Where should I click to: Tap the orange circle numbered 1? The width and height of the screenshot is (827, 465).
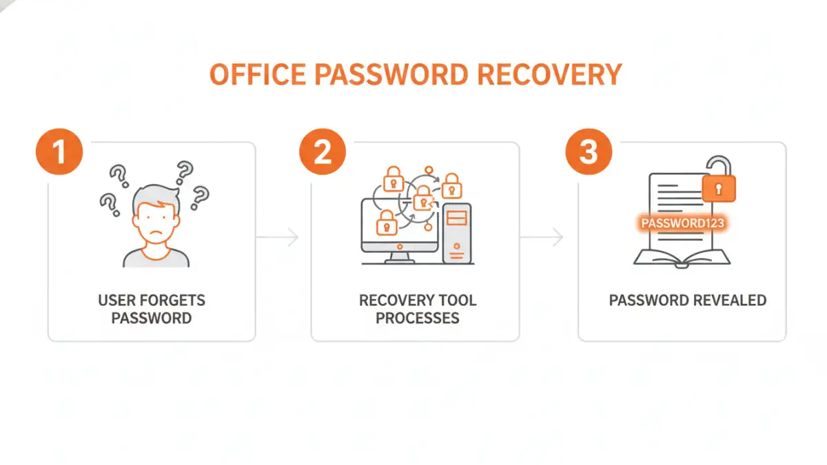point(59,152)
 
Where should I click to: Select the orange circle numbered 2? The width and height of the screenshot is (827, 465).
point(323,152)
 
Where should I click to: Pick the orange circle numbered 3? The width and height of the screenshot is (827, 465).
point(589,152)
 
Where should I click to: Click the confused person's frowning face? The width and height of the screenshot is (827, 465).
point(156,224)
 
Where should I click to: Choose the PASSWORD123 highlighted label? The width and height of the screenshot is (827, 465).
point(682,223)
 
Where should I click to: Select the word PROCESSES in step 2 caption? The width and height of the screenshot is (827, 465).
point(418,318)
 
